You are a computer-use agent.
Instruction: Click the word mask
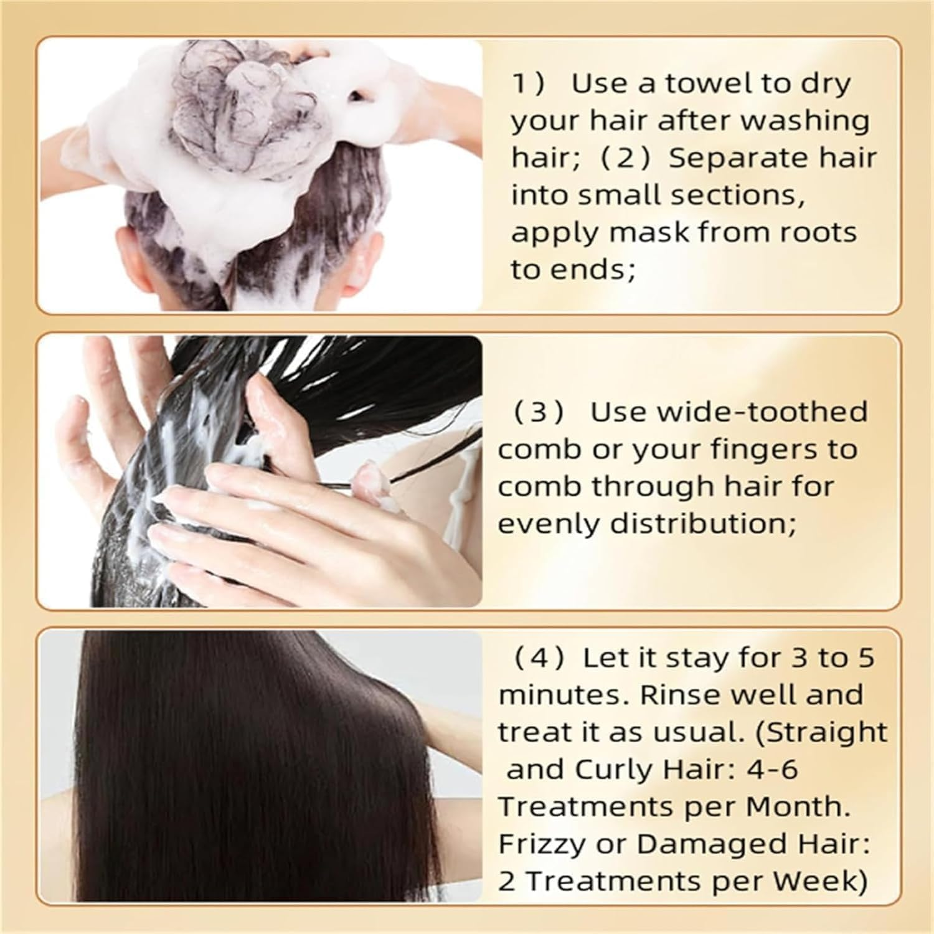pyautogui.click(x=648, y=232)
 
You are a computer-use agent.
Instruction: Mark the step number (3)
pyautogui.click(x=539, y=412)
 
